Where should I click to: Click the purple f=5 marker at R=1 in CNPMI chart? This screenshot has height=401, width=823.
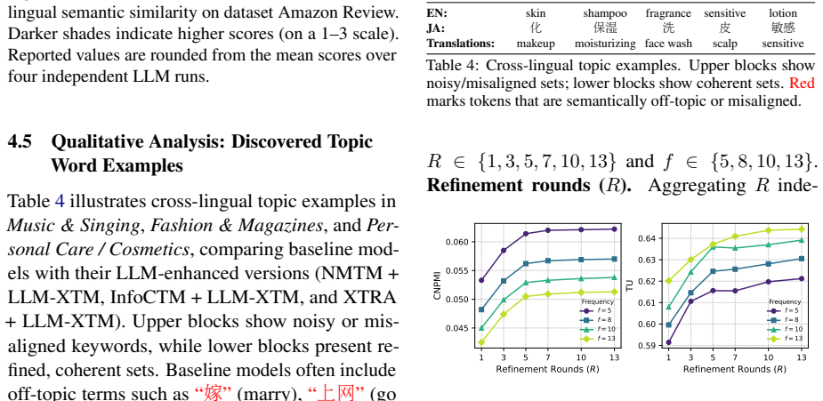pos(481,280)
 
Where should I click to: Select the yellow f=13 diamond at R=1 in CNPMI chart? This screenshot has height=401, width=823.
pos(481,342)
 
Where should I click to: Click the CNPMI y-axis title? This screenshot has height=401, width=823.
pos(437,288)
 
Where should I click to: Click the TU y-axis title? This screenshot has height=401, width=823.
pos(629,285)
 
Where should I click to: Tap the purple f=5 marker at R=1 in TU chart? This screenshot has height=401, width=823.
pos(668,342)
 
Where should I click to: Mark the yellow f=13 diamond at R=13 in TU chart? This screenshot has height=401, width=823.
pos(802,229)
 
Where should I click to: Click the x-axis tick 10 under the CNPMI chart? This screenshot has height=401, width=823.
pos(580,357)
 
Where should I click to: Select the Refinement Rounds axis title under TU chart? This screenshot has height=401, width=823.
pos(735,369)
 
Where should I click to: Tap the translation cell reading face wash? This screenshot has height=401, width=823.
pos(668,44)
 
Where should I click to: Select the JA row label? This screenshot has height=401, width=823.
pos(435,28)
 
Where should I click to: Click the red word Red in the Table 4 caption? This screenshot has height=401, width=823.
pos(802,83)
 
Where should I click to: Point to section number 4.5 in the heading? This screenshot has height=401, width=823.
pos(20,141)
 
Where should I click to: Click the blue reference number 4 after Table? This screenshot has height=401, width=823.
pos(60,201)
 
